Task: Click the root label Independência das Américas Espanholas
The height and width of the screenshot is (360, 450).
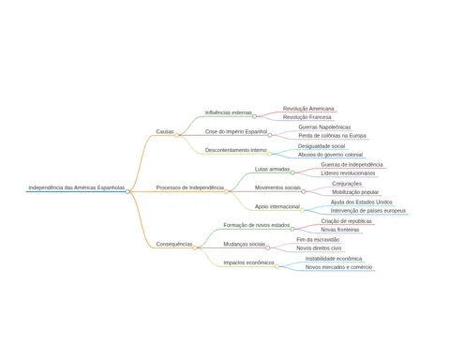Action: pyautogui.click(x=77, y=187)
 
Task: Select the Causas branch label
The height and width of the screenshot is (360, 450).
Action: pyautogui.click(x=165, y=131)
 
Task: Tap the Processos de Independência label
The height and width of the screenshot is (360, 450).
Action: pyautogui.click(x=189, y=187)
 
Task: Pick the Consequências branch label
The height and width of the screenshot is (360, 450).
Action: pyautogui.click(x=174, y=244)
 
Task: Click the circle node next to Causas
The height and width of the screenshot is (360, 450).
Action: pyautogui.click(x=176, y=135)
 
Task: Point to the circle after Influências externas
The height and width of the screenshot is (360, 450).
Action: pyautogui.click(x=254, y=116)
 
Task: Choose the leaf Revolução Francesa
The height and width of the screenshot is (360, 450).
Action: pyautogui.click(x=307, y=117)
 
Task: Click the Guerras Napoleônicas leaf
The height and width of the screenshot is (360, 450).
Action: pyautogui.click(x=324, y=127)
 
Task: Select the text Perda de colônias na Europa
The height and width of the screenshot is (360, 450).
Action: pyautogui.click(x=332, y=136)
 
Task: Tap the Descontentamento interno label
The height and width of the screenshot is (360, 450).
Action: pyautogui.click(x=236, y=150)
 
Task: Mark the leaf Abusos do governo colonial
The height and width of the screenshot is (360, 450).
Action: pyautogui.click(x=330, y=155)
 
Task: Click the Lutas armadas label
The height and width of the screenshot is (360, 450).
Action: pyautogui.click(x=272, y=169)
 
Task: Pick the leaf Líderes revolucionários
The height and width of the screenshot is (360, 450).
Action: pyautogui.click(x=348, y=173)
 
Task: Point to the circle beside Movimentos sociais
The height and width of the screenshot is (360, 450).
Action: pyautogui.click(x=304, y=191)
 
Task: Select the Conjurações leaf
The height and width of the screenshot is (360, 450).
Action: pyautogui.click(x=347, y=184)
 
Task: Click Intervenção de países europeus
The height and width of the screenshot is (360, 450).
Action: pyautogui.click(x=368, y=211)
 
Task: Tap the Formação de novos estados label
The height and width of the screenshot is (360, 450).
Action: pyautogui.click(x=257, y=225)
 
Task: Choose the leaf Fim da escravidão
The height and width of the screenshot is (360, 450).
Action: pyautogui.click(x=318, y=240)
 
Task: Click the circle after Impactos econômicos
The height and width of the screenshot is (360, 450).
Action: pyautogui.click(x=277, y=266)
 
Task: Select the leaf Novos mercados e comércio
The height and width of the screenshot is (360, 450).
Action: pyautogui.click(x=338, y=267)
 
